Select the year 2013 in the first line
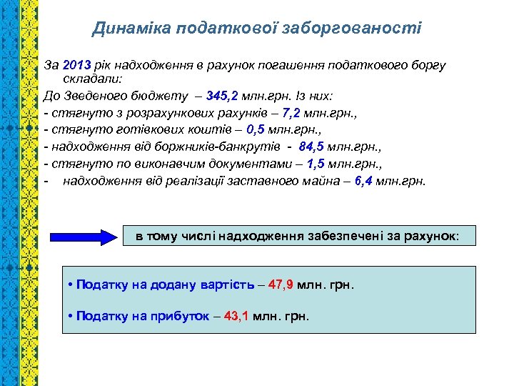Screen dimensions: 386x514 76,65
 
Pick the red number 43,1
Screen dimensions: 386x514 236,315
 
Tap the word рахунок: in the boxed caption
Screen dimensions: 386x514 435,235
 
